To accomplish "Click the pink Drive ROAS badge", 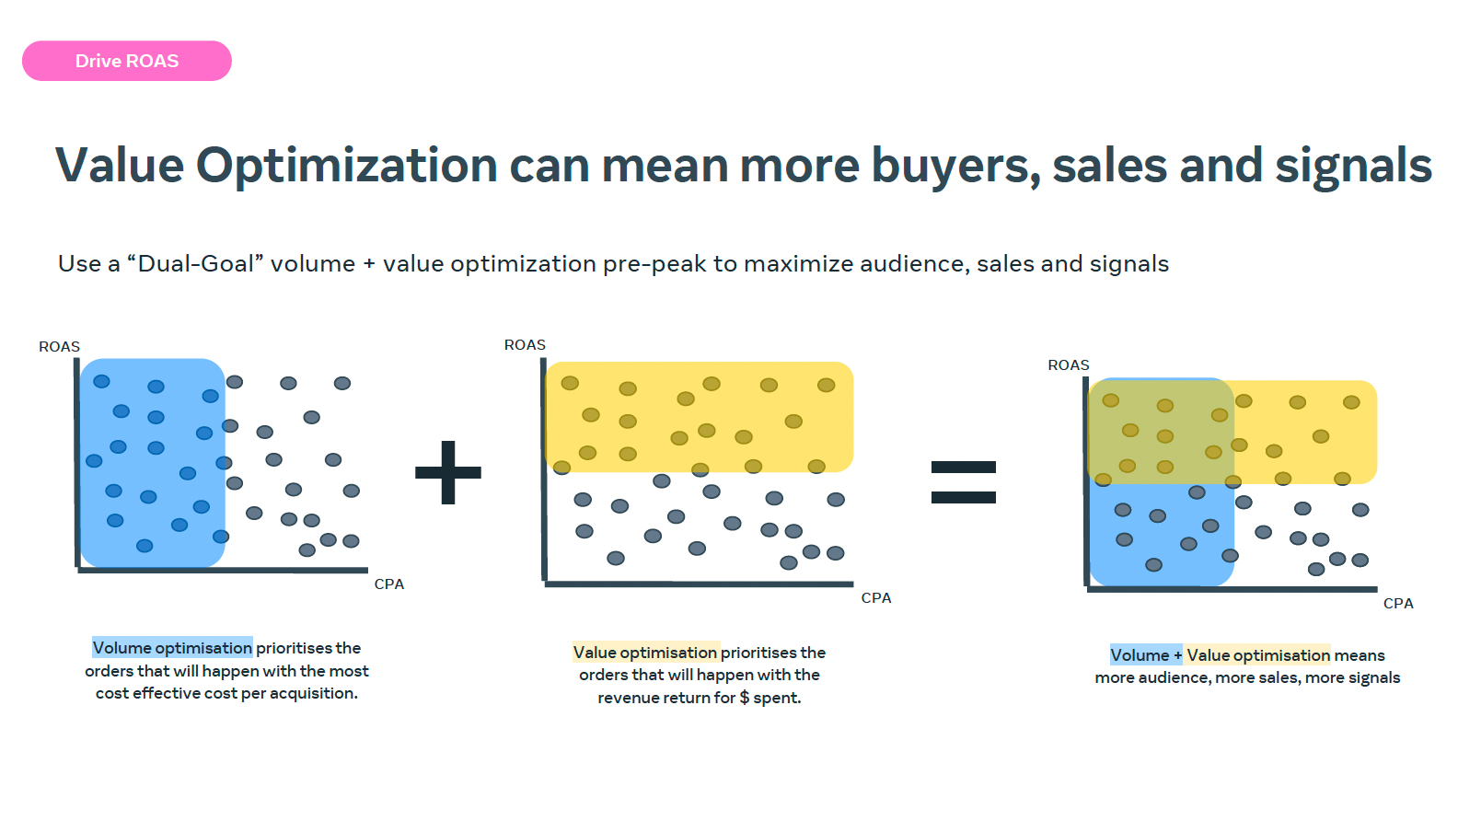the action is (x=127, y=61).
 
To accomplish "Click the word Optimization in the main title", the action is (x=346, y=166).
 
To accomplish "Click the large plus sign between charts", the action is (x=448, y=472).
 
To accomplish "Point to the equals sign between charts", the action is (x=964, y=482).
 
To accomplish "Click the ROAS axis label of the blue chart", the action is (x=59, y=346).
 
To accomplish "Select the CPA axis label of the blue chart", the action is (x=389, y=584).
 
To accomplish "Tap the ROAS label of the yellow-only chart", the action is (x=525, y=344).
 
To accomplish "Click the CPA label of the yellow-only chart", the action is (x=876, y=597).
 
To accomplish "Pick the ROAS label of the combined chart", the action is (x=1068, y=364).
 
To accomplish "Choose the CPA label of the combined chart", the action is (x=1398, y=604).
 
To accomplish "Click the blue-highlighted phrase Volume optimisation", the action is (x=172, y=648).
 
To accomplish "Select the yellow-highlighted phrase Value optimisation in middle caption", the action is (x=645, y=653).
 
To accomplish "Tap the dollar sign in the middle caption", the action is (x=745, y=698).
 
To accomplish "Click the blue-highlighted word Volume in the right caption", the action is (x=1140, y=655).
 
